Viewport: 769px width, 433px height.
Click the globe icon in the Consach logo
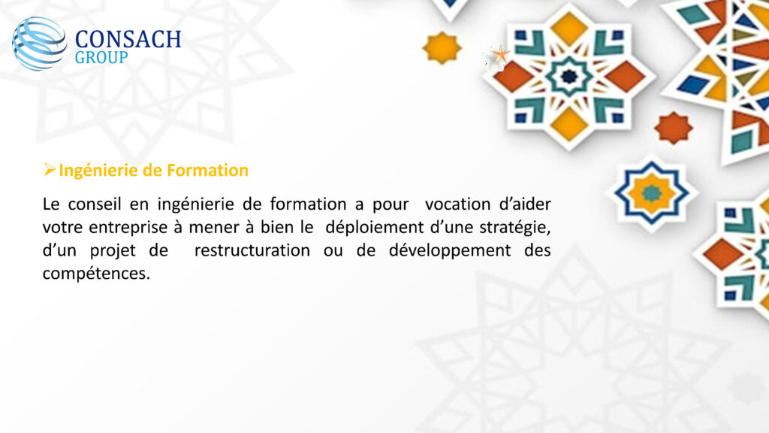coord(40,43)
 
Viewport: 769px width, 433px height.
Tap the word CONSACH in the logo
coord(128,40)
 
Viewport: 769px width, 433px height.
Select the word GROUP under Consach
coord(101,57)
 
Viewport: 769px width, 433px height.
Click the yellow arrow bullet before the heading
coord(49,169)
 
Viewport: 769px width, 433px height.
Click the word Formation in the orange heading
coord(208,171)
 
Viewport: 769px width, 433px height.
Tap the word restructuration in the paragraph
coord(252,250)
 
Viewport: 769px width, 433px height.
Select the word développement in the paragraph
coord(450,251)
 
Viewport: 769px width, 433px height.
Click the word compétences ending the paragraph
coord(96,274)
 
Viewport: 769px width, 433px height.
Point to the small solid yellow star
coord(442,47)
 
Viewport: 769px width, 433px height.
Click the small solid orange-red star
coord(674,128)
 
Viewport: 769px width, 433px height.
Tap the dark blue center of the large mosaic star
coord(569,76)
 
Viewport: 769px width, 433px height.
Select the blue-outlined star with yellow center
coord(652,193)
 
